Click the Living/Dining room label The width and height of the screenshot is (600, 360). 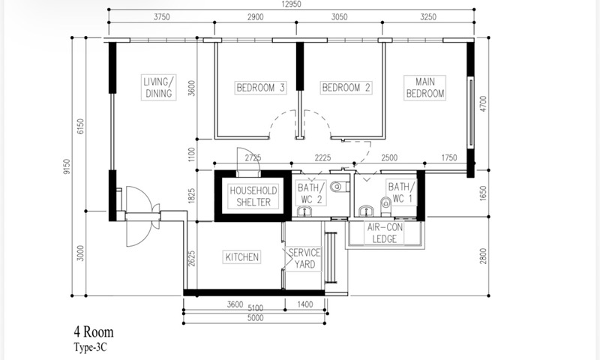click(x=159, y=88)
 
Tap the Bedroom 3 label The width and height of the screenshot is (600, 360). click(x=260, y=88)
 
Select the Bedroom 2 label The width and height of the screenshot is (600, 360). click(x=346, y=88)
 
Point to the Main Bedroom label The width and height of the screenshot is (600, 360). click(x=424, y=88)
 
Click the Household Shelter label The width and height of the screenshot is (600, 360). click(x=253, y=196)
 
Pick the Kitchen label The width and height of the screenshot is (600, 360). click(x=241, y=257)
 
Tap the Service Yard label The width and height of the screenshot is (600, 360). click(x=304, y=259)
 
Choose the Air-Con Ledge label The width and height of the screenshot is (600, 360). click(x=385, y=233)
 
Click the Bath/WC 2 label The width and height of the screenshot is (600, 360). click(x=310, y=193)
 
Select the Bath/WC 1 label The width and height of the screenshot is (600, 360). click(x=401, y=193)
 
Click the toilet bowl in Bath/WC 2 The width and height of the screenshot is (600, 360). click(x=340, y=187)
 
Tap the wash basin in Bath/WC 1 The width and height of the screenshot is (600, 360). click(x=366, y=211)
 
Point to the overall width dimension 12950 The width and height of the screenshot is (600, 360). click(x=292, y=4)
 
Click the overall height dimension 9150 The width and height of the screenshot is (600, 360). click(x=67, y=166)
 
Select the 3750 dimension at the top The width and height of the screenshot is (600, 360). click(x=161, y=16)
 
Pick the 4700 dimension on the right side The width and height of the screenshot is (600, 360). click(x=483, y=104)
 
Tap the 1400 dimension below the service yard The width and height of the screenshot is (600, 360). click(x=305, y=304)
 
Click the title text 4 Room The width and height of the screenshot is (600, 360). click(x=94, y=331)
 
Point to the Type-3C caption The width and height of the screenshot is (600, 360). click(x=90, y=347)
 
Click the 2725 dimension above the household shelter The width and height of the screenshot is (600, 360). click(x=253, y=157)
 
